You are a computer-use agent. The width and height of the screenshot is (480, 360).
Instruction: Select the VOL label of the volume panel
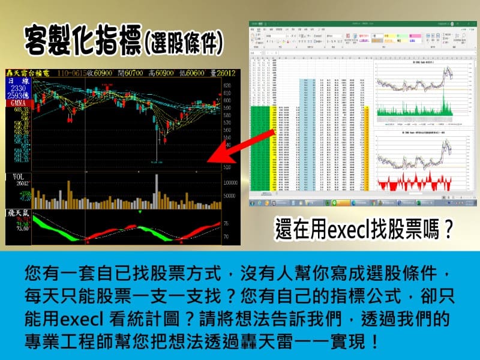point(14,176)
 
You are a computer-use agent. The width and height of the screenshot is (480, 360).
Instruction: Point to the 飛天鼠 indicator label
point(18,212)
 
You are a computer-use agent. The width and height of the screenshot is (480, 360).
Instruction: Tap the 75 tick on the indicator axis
point(226,223)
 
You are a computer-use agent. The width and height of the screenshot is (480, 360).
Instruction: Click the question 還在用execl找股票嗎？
point(364,230)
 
